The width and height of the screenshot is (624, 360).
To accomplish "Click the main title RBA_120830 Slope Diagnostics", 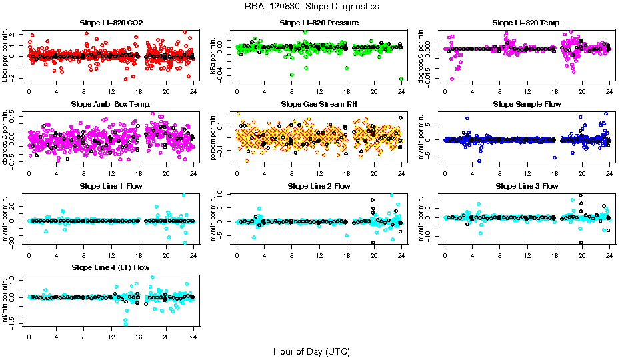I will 311,6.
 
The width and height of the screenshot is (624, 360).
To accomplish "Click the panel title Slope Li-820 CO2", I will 111,23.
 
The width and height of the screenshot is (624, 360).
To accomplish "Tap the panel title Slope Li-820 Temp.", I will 527,23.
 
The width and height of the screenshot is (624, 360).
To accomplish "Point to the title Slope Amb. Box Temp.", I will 111,104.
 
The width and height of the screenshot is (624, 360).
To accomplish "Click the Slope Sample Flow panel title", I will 527,104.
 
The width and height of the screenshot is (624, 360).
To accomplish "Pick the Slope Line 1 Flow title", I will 111,186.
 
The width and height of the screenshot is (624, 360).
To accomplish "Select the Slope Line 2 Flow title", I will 319,186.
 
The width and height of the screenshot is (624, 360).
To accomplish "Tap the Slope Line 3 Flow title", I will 527,186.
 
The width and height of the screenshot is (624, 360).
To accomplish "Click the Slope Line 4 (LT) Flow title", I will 111,268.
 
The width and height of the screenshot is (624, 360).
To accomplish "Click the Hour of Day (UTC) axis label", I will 311,351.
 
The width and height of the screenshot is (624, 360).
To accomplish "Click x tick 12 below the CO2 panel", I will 111,91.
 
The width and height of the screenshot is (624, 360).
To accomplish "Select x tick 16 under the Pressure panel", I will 347,91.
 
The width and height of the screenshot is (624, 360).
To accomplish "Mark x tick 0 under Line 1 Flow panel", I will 29,255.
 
